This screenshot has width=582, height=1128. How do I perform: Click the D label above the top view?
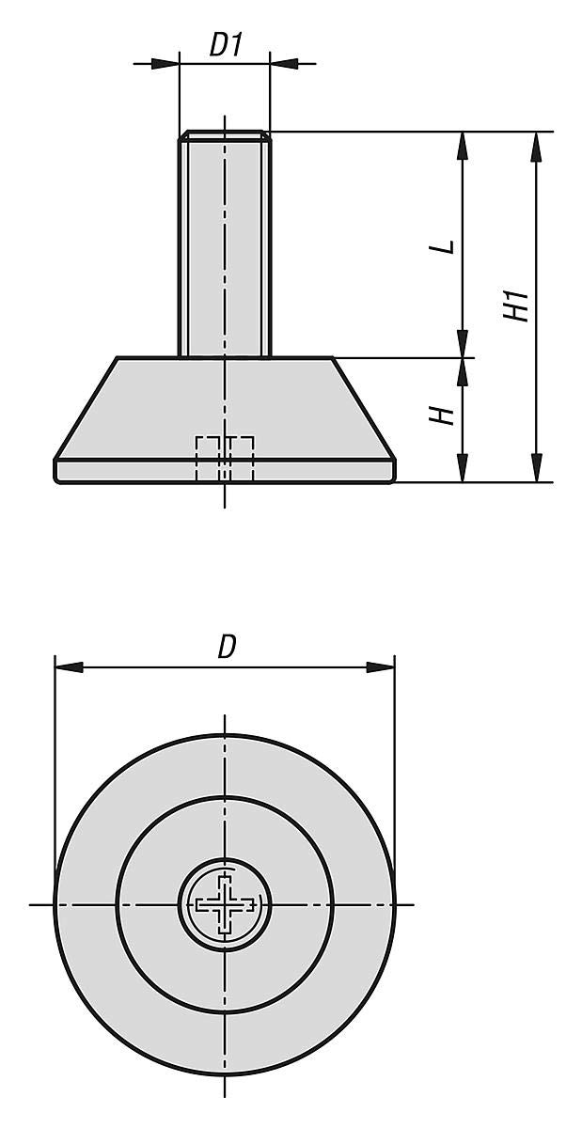click(226, 647)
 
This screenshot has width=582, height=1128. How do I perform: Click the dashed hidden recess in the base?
click(225, 459)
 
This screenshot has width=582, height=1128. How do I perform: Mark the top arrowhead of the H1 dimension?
click(536, 146)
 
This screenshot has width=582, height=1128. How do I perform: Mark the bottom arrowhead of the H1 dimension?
click(536, 468)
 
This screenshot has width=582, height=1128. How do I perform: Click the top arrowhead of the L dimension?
click(462, 146)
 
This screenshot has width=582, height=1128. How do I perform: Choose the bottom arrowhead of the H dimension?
click(462, 468)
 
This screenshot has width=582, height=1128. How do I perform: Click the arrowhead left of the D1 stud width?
click(166, 64)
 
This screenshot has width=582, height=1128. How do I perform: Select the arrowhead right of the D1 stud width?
click(282, 64)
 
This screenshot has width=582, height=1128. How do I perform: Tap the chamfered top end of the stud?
click(225, 136)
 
